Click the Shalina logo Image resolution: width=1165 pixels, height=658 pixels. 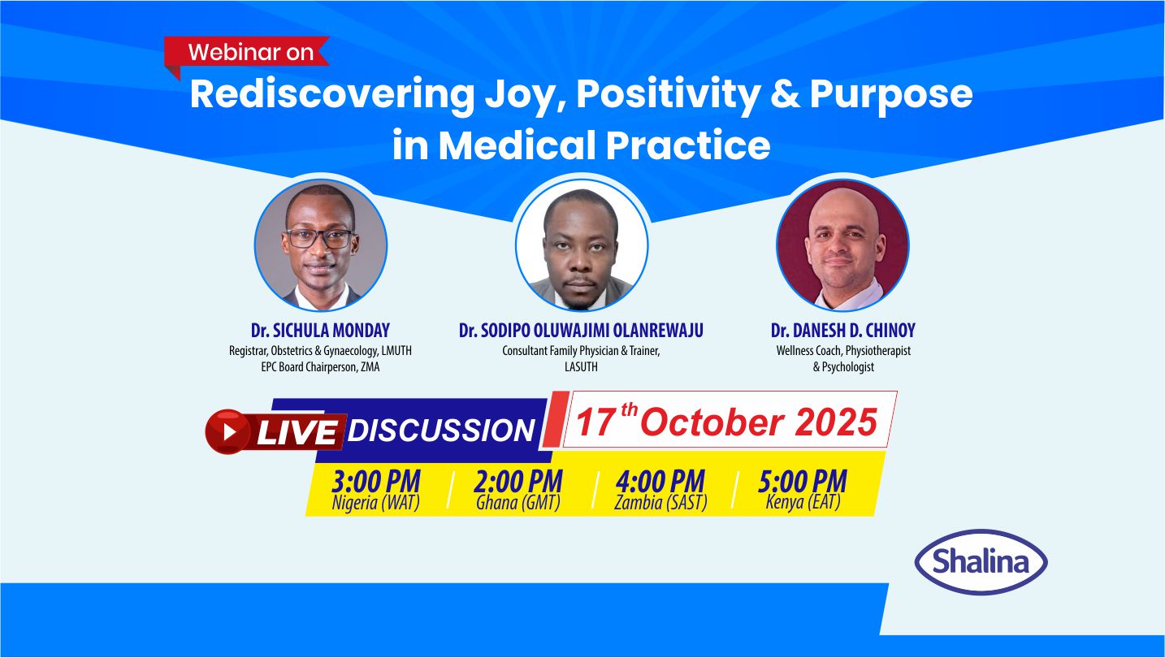click(x=981, y=562)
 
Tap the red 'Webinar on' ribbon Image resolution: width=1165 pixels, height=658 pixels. click(x=246, y=53)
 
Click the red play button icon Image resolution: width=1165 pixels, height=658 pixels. click(x=227, y=431)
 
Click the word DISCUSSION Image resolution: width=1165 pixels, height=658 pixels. click(x=442, y=431)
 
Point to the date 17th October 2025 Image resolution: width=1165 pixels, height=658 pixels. click(x=727, y=420)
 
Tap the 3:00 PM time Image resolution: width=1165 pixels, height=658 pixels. click(x=376, y=481)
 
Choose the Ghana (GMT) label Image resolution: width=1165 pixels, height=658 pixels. click(x=518, y=503)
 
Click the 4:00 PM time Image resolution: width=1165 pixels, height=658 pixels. click(x=660, y=481)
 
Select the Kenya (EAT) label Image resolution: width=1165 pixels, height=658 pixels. click(x=803, y=502)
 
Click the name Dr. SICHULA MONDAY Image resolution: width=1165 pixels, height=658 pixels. click(x=320, y=331)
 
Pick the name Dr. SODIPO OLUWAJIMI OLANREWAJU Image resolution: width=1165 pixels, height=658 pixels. click(x=581, y=331)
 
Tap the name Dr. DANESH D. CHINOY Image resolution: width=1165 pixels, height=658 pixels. click(x=843, y=331)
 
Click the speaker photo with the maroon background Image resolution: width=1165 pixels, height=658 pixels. click(x=842, y=245)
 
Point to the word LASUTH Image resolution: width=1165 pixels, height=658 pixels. click(x=581, y=366)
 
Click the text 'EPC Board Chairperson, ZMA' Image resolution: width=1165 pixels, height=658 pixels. click(x=320, y=366)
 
